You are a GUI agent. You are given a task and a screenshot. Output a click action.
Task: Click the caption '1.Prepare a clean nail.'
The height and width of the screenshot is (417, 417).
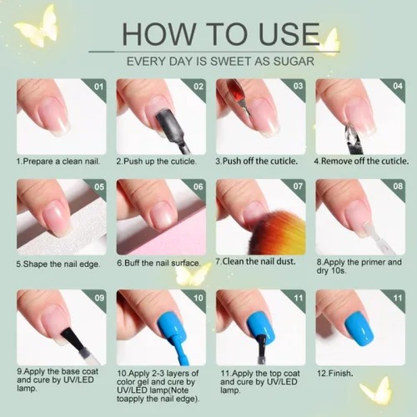[58, 162]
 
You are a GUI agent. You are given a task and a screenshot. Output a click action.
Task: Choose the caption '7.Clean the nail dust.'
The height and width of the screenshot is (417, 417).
[255, 262]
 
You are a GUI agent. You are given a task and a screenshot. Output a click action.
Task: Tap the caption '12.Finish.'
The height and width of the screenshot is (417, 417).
[335, 373]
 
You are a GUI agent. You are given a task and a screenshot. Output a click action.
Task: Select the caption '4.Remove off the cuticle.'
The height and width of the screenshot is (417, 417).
[361, 161]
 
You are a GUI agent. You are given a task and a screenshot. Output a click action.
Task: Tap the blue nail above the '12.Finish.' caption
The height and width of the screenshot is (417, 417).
[359, 328]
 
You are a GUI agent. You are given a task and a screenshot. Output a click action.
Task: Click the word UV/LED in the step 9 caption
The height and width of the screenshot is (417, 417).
[79, 380]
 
